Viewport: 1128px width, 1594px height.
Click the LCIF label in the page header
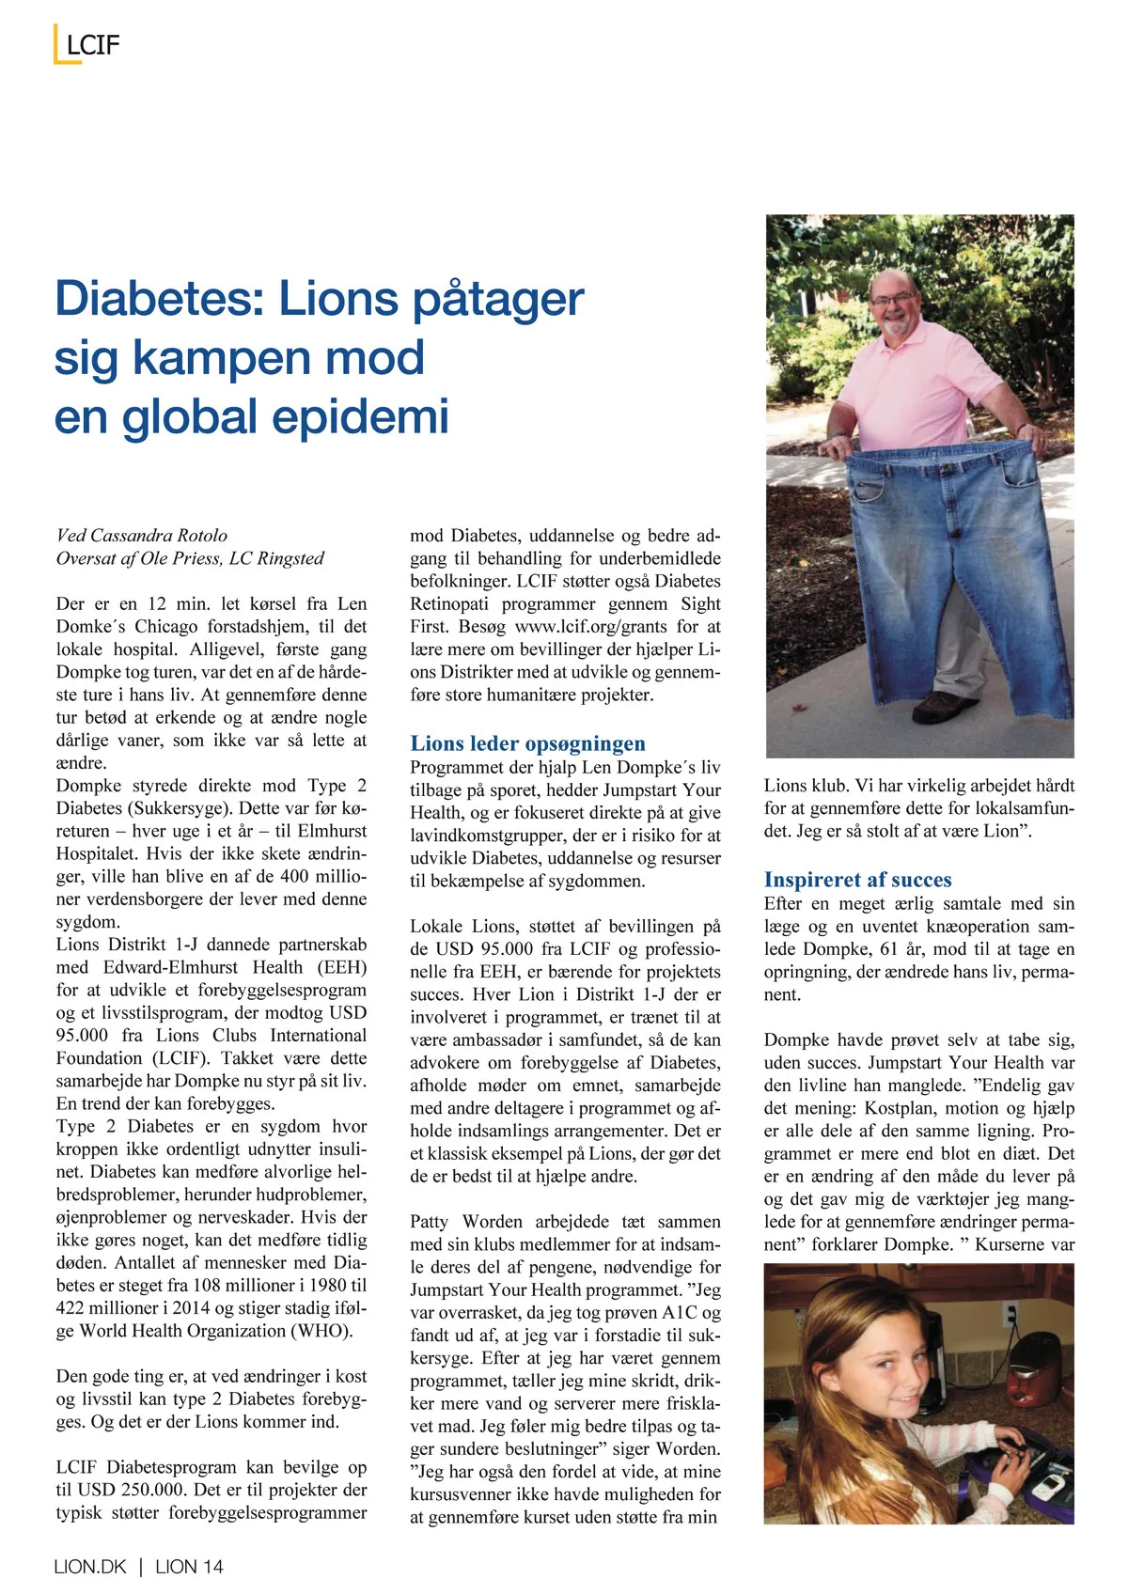pyautogui.click(x=93, y=45)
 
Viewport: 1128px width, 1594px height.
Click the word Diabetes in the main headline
pyautogui.click(x=148, y=299)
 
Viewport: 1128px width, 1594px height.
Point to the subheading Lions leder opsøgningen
pyautogui.click(x=527, y=743)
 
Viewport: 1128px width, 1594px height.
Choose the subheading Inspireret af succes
pyautogui.click(x=857, y=880)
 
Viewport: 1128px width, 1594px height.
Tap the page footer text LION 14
pyautogui.click(x=189, y=1566)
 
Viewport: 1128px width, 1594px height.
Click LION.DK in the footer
pyautogui.click(x=90, y=1566)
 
